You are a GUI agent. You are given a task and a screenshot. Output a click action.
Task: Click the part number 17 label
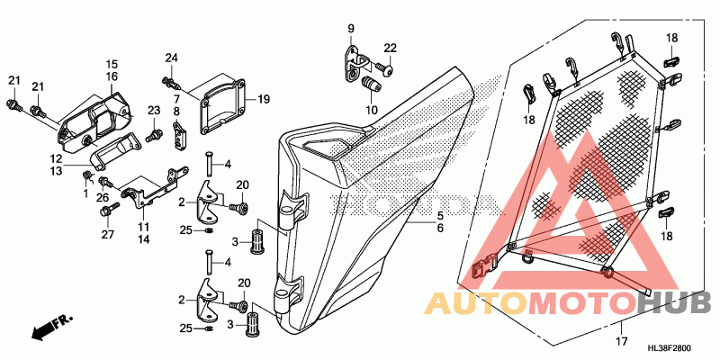[620, 341]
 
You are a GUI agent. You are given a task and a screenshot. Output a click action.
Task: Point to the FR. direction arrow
[50, 328]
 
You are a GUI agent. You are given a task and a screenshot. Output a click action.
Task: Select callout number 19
[264, 99]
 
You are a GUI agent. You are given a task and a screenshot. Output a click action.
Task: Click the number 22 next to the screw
[390, 47]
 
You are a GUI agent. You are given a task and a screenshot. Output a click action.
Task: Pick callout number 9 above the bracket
[352, 29]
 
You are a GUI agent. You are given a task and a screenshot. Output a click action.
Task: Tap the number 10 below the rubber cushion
[369, 111]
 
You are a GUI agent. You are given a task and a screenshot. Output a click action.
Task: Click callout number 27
[108, 235]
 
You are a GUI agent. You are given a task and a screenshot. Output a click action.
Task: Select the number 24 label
[171, 58]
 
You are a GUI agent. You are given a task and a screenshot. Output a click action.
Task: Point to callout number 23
[153, 110]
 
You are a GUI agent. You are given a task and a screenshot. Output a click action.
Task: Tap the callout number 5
[440, 216]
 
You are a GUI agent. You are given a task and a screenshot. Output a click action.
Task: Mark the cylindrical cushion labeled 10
[367, 86]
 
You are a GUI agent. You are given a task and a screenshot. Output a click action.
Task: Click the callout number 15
[112, 64]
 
